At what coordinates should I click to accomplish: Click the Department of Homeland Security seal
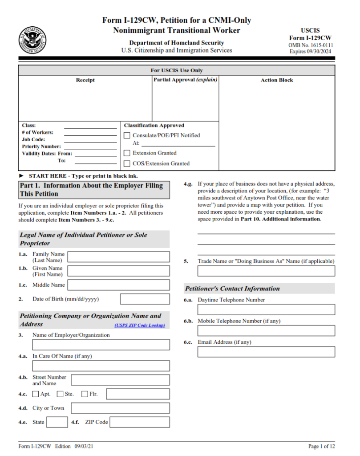point(32,41)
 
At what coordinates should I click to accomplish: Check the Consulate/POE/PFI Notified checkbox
point(127,135)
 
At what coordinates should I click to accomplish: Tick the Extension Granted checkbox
point(127,153)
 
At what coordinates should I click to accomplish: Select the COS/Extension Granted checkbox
point(127,164)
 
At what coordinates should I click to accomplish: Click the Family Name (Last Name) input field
point(118,257)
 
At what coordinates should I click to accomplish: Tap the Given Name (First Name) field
point(118,271)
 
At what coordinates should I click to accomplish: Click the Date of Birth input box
point(145,299)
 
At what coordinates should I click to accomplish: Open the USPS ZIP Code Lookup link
point(139,326)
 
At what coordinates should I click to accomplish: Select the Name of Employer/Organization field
point(101,345)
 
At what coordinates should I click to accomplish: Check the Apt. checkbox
point(36,394)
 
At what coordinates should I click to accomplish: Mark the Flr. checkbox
point(85,394)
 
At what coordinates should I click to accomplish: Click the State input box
point(57,422)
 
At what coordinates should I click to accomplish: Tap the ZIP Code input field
point(139,422)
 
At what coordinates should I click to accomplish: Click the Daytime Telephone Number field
point(266,309)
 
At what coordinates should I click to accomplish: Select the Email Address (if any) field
point(266,352)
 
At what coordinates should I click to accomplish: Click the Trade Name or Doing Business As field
point(266,271)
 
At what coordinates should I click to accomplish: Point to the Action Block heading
point(277,81)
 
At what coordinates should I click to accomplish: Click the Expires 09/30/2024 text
point(310,52)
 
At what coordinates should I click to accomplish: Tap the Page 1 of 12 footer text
point(321,446)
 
